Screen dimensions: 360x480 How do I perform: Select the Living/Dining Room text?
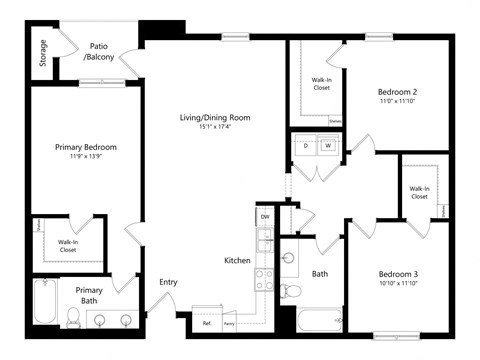click(214, 117)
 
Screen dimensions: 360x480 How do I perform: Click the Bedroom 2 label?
click(397, 91)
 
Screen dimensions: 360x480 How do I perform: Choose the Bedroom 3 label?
click(397, 274)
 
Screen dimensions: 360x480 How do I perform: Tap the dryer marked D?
click(305, 146)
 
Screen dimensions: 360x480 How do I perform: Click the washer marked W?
click(327, 146)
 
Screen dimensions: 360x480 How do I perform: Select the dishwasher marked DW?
click(265, 217)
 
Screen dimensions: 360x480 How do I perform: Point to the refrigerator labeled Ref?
click(207, 323)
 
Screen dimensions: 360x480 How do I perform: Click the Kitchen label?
click(237, 260)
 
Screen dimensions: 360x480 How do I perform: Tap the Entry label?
click(168, 282)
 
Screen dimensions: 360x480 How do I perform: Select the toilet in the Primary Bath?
click(72, 317)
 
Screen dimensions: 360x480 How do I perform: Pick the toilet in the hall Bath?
click(289, 291)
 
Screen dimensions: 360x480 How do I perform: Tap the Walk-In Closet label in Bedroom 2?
click(321, 83)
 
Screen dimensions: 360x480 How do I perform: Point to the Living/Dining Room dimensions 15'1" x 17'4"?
click(214, 127)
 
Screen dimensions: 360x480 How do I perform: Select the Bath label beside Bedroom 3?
click(320, 273)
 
